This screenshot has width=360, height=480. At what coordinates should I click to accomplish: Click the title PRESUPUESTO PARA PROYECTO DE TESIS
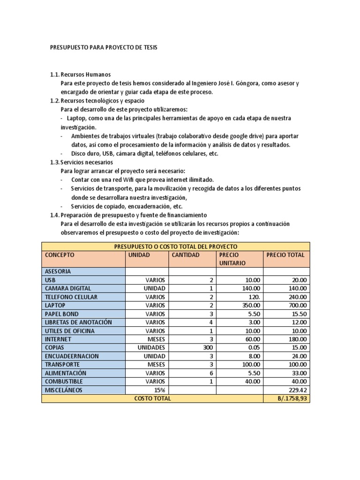[x=104, y=48]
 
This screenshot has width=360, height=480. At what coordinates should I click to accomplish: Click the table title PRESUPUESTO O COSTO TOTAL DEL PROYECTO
[x=176, y=246]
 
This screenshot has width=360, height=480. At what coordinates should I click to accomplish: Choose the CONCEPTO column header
[x=60, y=255]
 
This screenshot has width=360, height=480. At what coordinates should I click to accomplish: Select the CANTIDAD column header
[x=186, y=255]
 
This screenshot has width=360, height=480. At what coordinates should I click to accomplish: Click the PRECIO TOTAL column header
[x=285, y=255]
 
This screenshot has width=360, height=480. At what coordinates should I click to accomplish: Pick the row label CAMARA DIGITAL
[x=68, y=288]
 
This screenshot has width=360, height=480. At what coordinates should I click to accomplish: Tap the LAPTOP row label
[x=55, y=305]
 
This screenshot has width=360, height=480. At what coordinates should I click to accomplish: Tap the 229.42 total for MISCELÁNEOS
[x=298, y=390]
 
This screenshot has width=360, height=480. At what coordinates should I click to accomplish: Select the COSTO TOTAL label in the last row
[x=152, y=398]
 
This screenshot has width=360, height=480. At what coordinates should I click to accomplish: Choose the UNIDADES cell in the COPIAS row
[x=151, y=348]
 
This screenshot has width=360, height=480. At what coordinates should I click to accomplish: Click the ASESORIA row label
[x=58, y=271]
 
